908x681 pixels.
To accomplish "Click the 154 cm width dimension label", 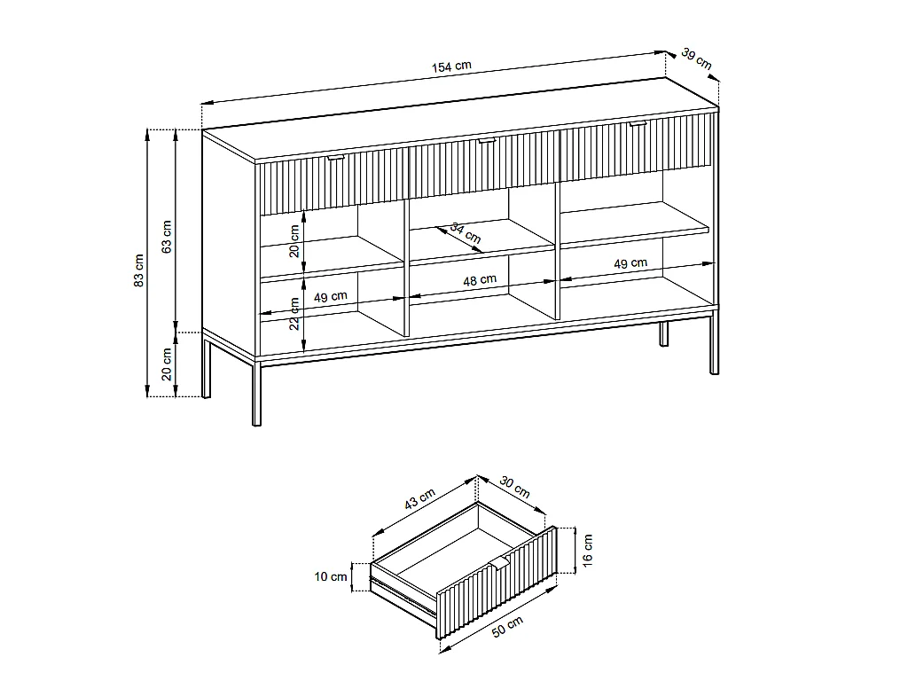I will tap(452, 67).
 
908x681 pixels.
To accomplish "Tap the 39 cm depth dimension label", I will tap(697, 59).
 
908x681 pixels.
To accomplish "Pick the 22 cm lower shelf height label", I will tap(294, 311).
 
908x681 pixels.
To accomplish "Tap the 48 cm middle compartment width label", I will tap(480, 280).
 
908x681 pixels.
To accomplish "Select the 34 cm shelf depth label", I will tap(466, 233).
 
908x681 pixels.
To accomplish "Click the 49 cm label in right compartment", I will tap(630, 263).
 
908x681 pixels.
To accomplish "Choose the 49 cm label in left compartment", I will tap(330, 297).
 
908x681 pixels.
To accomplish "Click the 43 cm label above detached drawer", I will tap(419, 498).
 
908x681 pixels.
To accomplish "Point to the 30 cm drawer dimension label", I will tap(515, 487).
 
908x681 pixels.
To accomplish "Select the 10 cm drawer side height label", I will tap(332, 577).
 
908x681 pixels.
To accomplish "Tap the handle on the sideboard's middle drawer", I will tap(486, 140).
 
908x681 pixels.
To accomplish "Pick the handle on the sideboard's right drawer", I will tap(637, 125).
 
